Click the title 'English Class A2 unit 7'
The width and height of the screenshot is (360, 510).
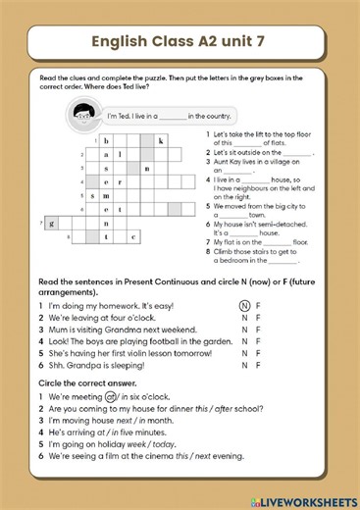pos(180,41)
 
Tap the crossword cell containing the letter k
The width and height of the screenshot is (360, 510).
pos(160,140)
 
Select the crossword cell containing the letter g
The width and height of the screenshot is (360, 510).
pos(51,223)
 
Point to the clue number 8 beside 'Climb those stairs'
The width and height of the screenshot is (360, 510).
pos(208,251)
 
